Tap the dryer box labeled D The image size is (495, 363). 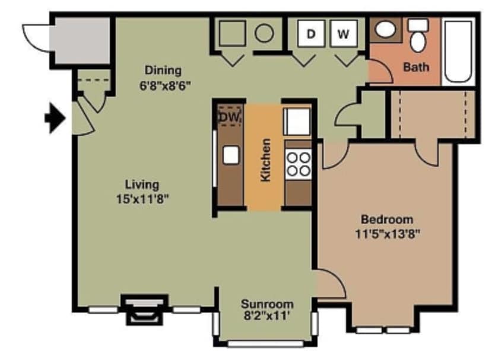(310, 34)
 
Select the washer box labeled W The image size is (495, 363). (343, 34)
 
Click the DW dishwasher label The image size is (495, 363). (229, 117)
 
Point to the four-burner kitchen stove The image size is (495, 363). (298, 164)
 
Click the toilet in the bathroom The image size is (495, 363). (419, 36)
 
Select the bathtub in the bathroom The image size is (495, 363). (459, 51)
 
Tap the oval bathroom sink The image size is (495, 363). (388, 30)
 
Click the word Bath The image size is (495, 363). (416, 67)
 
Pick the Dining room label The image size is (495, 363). (163, 70)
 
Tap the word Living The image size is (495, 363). (142, 184)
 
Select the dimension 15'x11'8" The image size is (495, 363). (143, 199)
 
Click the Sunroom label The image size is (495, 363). (267, 304)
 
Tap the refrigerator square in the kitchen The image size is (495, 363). (297, 122)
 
